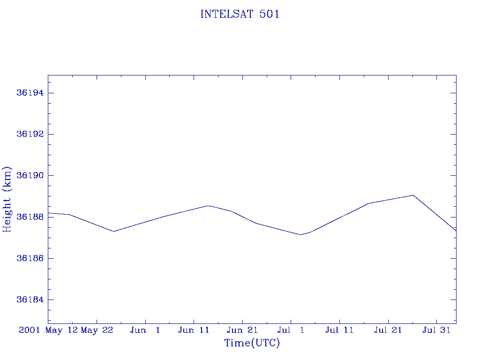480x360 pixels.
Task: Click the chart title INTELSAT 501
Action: pos(240,14)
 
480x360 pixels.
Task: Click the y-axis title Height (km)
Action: pos(7,199)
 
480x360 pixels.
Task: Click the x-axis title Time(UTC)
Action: pos(252,343)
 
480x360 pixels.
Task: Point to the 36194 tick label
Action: pos(30,93)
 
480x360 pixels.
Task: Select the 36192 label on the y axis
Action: pos(30,134)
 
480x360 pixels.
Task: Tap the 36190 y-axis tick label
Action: pos(30,176)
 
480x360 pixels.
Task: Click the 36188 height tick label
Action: pos(30,217)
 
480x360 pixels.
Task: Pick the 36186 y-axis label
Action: pos(30,258)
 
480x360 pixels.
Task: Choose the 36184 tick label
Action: pos(30,300)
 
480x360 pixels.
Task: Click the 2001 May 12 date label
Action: pos(48,330)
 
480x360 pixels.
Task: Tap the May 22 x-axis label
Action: pos(97,330)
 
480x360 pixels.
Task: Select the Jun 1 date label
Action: pos(145,330)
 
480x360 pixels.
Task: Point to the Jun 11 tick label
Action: pos(194,330)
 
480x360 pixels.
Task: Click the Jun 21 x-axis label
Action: pos(242,330)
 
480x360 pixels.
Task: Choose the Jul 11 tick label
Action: pos(339,330)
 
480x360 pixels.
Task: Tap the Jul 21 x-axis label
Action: pos(388,330)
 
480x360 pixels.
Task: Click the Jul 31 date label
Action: pos(436,330)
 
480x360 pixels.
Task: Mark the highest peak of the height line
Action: pos(413,195)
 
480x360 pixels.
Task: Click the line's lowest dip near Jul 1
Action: pos(300,234)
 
